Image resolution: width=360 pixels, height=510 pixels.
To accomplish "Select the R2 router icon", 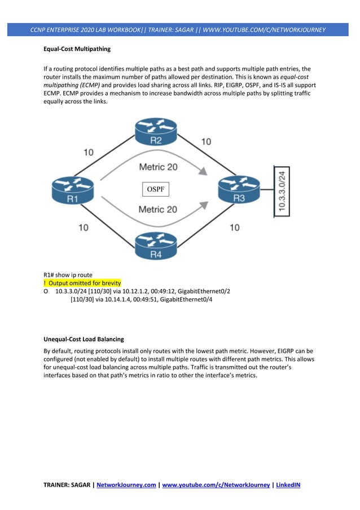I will pyautogui.click(x=156, y=132).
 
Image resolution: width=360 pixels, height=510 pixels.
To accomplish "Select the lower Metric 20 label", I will pyautogui.click(x=158, y=209).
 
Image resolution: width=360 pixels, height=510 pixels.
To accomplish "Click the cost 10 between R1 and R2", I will pyautogui.click(x=89, y=152).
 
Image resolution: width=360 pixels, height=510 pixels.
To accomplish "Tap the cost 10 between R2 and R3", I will pyautogui.click(x=206, y=141).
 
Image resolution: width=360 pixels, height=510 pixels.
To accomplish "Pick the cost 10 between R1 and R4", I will pyautogui.click(x=83, y=228).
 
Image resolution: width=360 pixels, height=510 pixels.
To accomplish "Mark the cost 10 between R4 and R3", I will pyautogui.click(x=234, y=228).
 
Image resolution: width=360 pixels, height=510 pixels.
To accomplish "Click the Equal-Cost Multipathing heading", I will pyautogui.click(x=77, y=49).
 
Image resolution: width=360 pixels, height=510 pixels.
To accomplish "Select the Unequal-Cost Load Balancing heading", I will pyautogui.click(x=84, y=339).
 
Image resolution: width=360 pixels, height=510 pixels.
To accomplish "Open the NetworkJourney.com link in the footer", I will pyautogui.click(x=126, y=485).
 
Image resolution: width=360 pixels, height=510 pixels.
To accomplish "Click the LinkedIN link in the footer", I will pyautogui.click(x=288, y=485).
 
